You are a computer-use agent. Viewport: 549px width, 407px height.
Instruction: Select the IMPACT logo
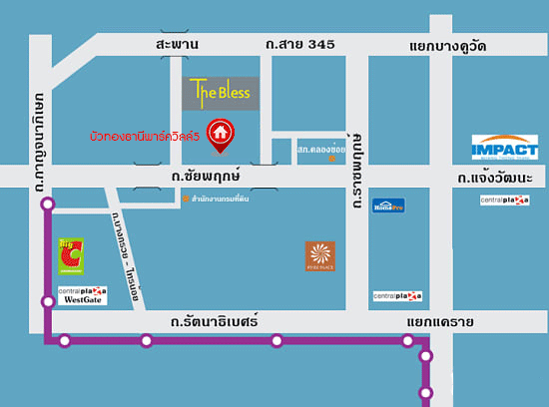[x=504, y=149]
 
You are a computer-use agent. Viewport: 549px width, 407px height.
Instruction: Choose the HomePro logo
[x=388, y=205]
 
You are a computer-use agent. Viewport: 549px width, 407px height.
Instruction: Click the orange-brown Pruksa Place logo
[x=319, y=256]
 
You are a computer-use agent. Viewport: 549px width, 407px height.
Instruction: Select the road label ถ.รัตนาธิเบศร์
[x=214, y=322]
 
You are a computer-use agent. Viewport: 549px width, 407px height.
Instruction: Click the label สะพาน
[x=179, y=45]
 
